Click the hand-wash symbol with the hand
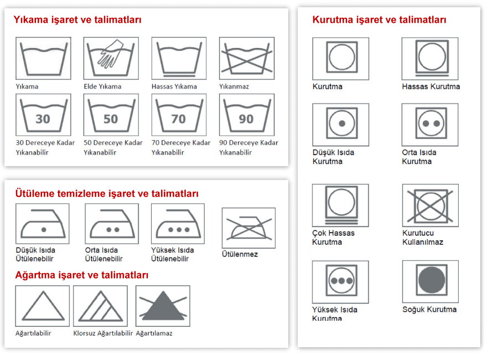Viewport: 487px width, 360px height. coord(111,58)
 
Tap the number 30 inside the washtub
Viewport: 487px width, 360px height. coord(43,119)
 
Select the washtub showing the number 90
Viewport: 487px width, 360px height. coord(247,115)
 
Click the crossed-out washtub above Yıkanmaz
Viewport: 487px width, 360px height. coord(247,59)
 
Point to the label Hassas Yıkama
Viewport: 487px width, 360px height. coord(174,86)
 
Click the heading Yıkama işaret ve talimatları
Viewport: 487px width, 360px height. coord(77,19)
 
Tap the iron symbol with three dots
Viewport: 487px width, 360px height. coord(178,224)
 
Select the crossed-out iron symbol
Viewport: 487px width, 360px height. coord(248,228)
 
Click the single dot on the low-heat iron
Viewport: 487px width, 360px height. coord(44,230)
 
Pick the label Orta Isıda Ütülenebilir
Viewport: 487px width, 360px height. coord(103,254)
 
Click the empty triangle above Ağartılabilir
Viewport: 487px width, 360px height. coord(43,306)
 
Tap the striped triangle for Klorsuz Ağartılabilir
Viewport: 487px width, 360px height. coord(101,306)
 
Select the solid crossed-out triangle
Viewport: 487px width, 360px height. coord(163,306)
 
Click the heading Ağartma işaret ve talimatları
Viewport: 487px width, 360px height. coord(82,275)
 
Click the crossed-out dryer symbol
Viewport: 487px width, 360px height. coord(430,205)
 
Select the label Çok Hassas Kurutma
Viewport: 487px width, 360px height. coord(333,237)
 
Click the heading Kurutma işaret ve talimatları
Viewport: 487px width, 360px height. coord(379,19)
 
